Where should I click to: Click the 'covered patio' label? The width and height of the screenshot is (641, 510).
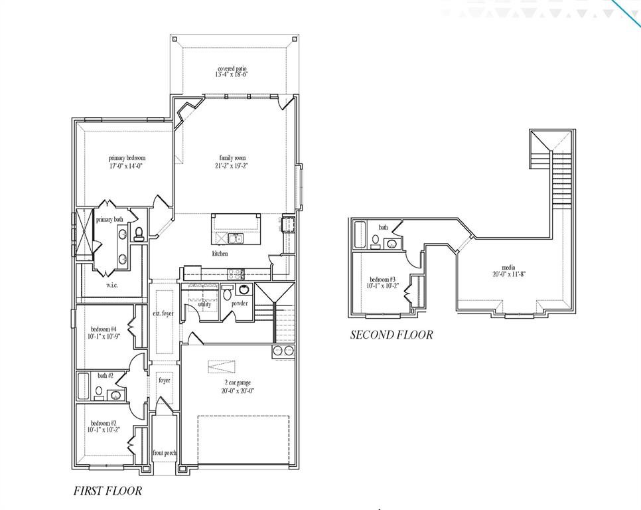[233, 69]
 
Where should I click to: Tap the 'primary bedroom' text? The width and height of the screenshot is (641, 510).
[127, 158]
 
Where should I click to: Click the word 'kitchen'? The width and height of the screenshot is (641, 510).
[220, 254]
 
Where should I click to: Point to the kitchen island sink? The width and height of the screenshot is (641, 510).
[235, 238]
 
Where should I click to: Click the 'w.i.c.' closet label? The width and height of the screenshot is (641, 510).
[112, 285]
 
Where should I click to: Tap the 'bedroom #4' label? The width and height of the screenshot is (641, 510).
[104, 329]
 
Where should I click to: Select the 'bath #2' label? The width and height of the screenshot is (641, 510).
[106, 376]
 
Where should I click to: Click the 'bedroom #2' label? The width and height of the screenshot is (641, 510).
[104, 423]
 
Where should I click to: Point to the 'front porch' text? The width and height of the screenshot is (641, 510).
[165, 453]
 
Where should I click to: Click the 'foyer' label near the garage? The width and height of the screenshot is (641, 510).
[164, 381]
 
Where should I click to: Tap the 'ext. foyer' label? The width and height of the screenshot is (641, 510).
[163, 313]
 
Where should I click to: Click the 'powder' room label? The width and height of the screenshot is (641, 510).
[240, 303]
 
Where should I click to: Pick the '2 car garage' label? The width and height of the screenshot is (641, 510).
[237, 383]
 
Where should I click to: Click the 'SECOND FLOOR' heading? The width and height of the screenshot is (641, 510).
[392, 335]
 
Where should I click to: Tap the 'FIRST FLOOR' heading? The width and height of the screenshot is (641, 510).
[107, 491]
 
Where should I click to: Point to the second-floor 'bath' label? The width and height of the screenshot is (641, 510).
[384, 228]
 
